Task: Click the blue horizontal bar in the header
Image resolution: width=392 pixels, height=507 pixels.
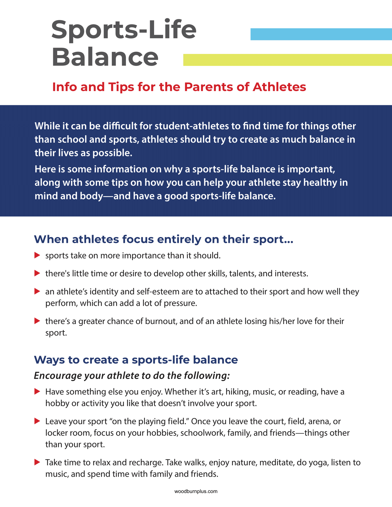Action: (321, 34)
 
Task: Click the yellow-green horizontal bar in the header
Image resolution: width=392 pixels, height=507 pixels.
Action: (288, 60)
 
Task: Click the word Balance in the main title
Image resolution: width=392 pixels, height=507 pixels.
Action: (105, 57)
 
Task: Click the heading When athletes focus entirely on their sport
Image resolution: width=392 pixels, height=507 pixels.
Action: (163, 239)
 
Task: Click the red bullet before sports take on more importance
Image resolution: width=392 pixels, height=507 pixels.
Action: (37, 255)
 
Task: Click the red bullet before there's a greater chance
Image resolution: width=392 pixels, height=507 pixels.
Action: (37, 321)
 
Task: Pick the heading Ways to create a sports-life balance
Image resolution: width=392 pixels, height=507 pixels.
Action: (136, 360)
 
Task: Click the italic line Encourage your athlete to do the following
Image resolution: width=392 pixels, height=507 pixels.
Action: (132, 376)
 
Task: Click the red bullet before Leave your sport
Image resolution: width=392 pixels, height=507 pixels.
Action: (37, 421)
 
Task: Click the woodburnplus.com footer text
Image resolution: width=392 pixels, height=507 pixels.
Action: (196, 491)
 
